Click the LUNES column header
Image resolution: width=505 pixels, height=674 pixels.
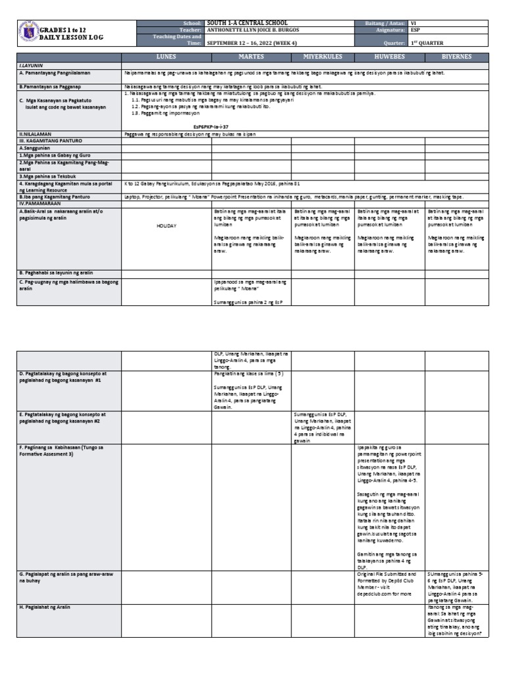coord(167,57)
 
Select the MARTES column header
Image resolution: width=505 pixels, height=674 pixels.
coord(251,57)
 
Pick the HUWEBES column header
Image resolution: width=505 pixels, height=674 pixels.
coord(390,57)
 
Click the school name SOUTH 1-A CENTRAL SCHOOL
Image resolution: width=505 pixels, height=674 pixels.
coord(247,22)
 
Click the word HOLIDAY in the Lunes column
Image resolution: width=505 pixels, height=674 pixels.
coord(166,225)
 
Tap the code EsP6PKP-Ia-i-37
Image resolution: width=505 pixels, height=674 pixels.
coord(210,126)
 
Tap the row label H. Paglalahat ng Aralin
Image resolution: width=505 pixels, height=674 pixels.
coord(45,607)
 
